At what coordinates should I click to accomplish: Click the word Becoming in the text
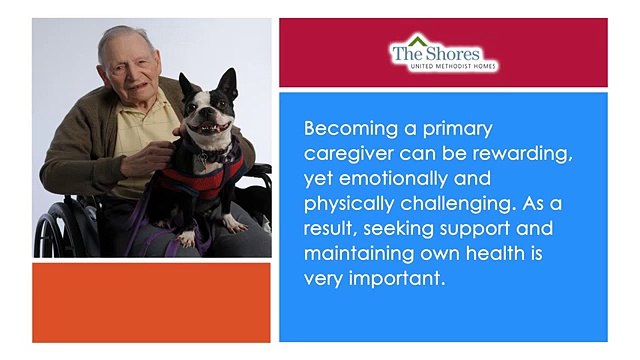click(x=348, y=130)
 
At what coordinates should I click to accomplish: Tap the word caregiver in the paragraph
click(x=346, y=154)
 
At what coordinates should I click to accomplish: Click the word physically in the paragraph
click(x=349, y=204)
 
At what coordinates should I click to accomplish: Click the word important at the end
click(x=395, y=279)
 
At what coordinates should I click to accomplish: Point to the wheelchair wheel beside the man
click(x=49, y=225)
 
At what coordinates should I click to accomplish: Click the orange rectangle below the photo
click(x=150, y=302)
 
